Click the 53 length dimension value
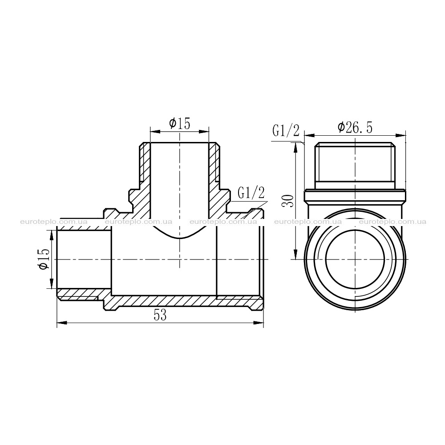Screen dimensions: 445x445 pos(160,316)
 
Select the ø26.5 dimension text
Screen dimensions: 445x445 pos(355,128)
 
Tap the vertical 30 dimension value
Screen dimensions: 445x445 pos(287,201)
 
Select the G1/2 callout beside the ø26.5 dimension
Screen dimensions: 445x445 pos(286,130)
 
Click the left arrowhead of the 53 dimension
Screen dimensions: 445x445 pos(62,323)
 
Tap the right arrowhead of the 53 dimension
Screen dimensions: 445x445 pos(258,323)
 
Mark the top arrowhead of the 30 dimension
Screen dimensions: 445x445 pos(295,148)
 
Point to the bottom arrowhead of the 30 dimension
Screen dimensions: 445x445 pos(295,254)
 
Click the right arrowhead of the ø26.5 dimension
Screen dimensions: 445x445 pos(400,134)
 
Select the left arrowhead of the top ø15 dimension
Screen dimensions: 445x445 pos(155,131)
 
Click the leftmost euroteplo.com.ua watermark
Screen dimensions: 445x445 pos(54,222)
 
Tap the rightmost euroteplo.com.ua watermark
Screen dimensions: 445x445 pos(393,222)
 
